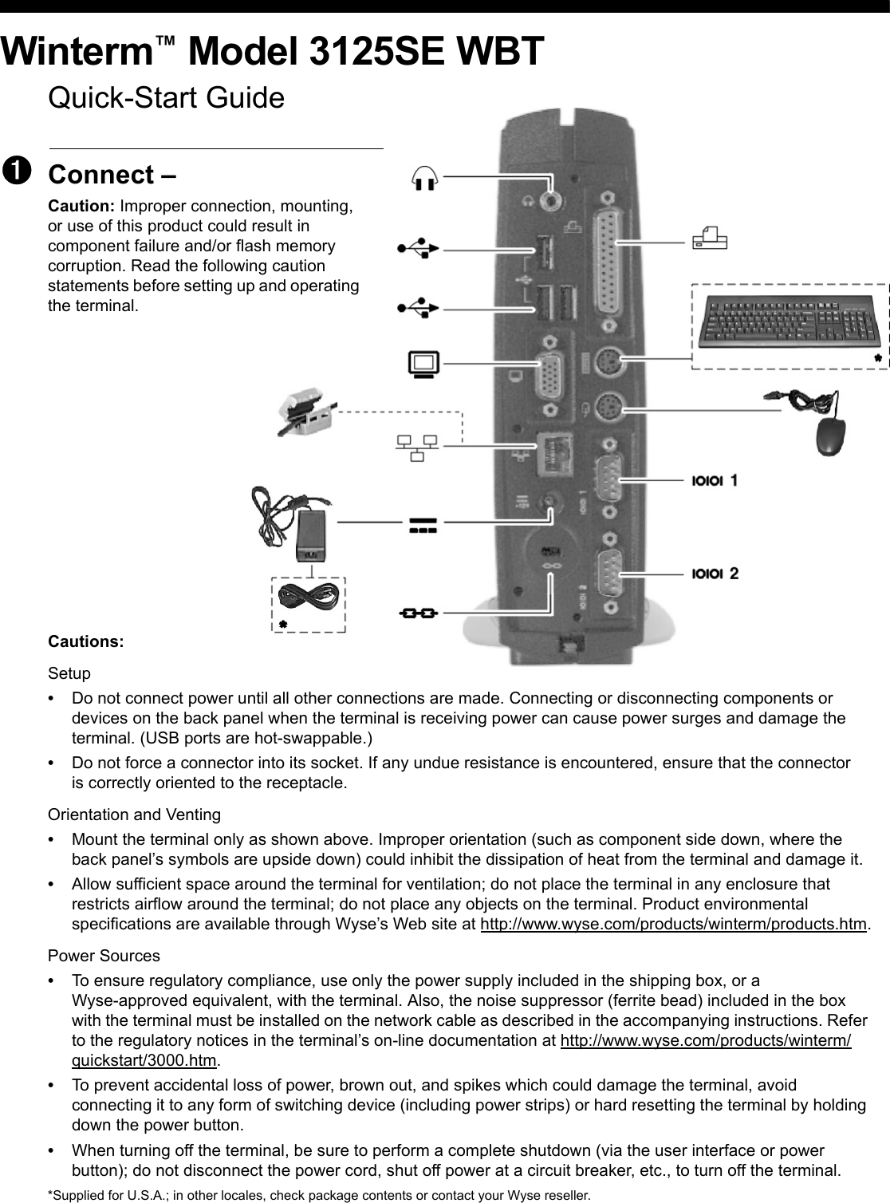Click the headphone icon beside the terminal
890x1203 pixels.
tap(426, 176)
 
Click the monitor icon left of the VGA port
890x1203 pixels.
tap(423, 364)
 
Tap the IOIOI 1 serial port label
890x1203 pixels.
tap(715, 481)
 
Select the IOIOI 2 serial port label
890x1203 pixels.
tap(715, 574)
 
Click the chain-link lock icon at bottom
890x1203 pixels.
tap(418, 613)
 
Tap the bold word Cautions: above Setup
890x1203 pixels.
tap(86, 642)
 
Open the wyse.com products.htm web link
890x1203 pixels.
tap(673, 924)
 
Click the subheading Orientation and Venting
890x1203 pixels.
tap(135, 814)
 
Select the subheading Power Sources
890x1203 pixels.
tap(104, 956)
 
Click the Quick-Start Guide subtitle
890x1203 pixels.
tap(166, 98)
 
